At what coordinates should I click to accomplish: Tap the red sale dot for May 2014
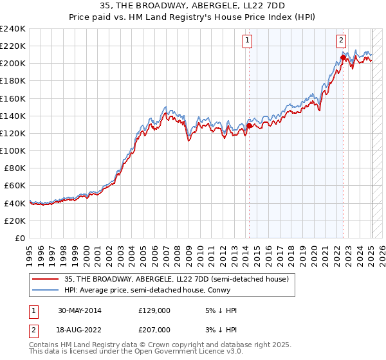[249, 126]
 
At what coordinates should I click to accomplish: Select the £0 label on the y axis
[21, 238]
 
